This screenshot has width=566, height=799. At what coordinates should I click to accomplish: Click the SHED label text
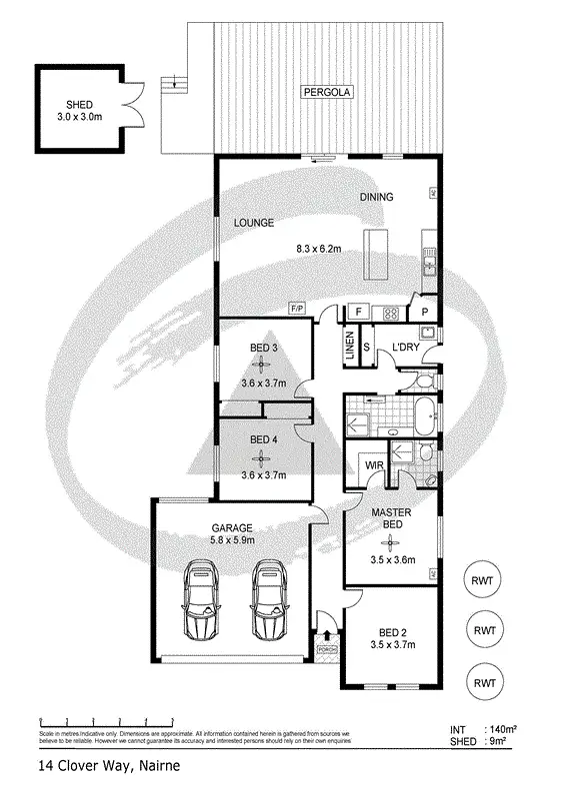click(x=78, y=104)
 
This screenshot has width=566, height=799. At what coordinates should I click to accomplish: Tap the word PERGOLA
click(x=328, y=94)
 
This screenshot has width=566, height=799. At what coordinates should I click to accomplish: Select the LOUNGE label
click(x=254, y=223)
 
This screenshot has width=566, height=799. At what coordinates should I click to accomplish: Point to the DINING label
click(x=377, y=197)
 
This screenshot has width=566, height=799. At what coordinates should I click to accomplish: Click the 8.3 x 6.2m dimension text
click(x=320, y=249)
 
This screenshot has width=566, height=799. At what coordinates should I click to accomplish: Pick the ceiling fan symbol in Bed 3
click(x=263, y=365)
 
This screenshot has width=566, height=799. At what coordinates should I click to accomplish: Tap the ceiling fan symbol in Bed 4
click(x=262, y=458)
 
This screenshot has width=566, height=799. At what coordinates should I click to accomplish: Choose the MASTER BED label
click(x=386, y=518)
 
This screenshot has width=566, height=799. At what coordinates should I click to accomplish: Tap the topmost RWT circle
click(x=486, y=579)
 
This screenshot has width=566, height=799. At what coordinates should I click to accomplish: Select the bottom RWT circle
click(x=486, y=683)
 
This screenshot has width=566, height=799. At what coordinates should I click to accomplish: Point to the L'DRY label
click(x=405, y=347)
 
